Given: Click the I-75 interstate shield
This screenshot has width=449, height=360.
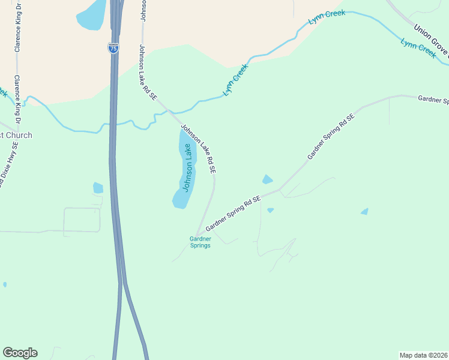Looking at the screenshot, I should tap(113, 48).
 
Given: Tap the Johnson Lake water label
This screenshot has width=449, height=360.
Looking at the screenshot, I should tap(188, 167).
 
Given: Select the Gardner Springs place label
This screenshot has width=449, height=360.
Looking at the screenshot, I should tap(200, 242).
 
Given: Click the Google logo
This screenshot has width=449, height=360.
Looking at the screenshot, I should tap(20, 353).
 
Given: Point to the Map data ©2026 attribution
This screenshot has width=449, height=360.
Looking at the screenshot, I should tap(424, 355).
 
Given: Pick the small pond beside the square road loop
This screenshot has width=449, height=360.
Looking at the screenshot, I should tap(98, 188).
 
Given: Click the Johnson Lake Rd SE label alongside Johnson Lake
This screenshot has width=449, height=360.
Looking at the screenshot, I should tap(199, 149).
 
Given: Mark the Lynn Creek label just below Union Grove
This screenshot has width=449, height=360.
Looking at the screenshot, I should tap(418, 48).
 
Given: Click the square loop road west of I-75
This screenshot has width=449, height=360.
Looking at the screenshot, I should tap(82, 219).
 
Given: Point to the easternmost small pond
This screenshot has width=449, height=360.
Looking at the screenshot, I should tap(364, 211).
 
